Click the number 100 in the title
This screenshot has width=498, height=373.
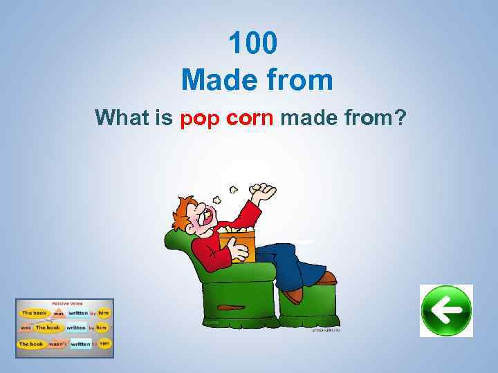[253, 44]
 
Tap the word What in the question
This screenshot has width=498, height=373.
[122, 118]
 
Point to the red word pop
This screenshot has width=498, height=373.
[199, 119]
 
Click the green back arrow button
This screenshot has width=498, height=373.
[446, 311]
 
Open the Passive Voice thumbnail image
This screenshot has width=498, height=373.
[64, 327]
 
